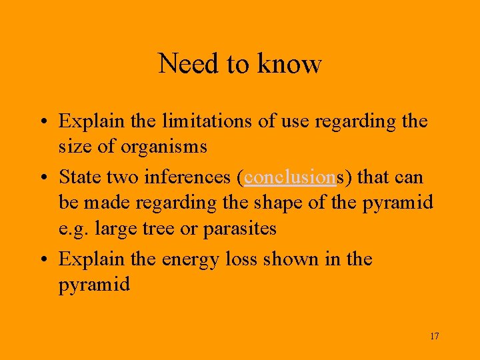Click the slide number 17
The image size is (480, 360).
click(x=434, y=336)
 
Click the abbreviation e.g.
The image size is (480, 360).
click(x=74, y=229)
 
